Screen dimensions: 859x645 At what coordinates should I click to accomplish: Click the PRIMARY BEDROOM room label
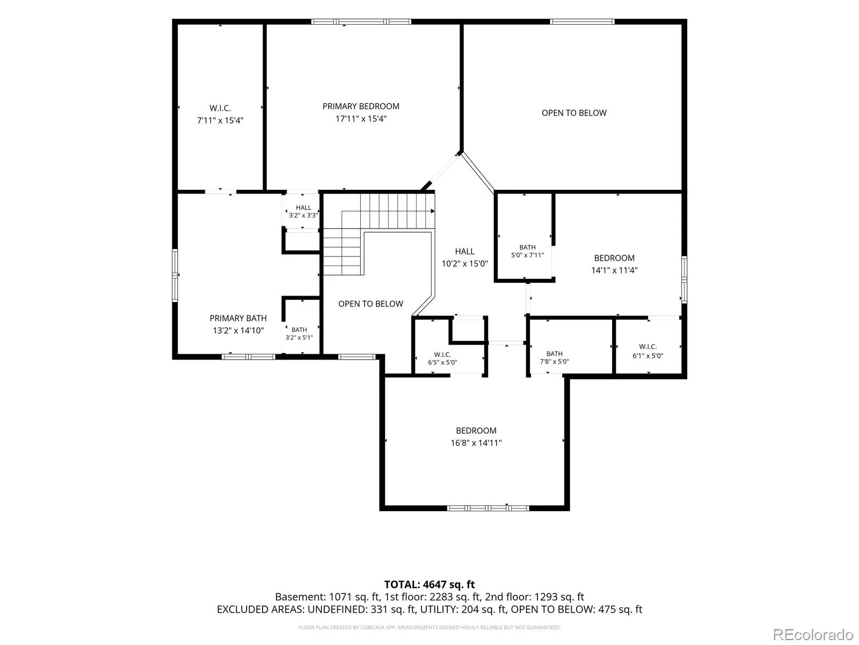pos(360,106)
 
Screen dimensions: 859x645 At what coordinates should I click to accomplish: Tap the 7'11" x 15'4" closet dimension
pos(220,120)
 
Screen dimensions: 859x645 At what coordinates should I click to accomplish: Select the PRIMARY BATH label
pos(238,318)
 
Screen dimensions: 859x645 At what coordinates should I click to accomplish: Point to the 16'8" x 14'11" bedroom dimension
pos(476,442)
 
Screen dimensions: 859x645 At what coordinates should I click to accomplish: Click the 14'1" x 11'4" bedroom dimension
pos(614,270)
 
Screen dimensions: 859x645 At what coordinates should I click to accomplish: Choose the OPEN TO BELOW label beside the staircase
pos(370,304)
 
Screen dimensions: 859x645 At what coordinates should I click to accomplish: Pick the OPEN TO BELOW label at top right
pos(574,113)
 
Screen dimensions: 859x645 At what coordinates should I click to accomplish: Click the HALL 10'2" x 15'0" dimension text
pos(464,263)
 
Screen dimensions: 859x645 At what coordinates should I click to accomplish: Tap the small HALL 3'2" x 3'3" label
pos(303,211)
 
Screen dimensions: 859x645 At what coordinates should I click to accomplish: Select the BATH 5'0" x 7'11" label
pos(527,251)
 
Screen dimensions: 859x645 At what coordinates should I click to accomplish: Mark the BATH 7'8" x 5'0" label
pos(554,357)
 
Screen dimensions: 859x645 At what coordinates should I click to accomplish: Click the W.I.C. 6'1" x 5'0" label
pos(647,351)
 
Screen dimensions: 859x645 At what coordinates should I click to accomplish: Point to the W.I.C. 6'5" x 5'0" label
pos(442,359)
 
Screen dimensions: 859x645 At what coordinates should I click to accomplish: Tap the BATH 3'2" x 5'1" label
pos(299,333)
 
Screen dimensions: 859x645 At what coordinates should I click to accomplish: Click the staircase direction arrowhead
pos(432,211)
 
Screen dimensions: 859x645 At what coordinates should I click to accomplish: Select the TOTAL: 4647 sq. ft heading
pos(429,584)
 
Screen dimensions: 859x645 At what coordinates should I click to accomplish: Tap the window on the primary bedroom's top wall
pos(361,21)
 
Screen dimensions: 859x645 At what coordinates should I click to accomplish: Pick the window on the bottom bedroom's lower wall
pos(488,508)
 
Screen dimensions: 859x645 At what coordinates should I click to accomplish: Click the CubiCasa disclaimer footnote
pos(429,627)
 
